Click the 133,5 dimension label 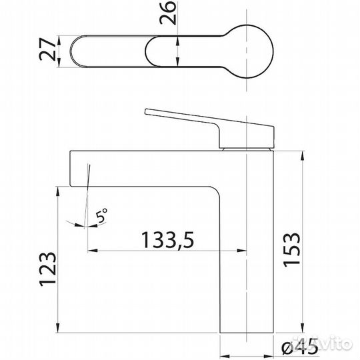[x=167, y=240]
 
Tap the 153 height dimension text [x=291, y=250]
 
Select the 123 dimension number [x=48, y=269]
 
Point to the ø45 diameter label [x=300, y=346]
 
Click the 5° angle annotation [x=101, y=215]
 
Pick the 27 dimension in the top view [x=47, y=49]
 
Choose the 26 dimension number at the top [x=168, y=13]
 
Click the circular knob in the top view [x=247, y=51]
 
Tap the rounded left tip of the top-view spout [x=71, y=51]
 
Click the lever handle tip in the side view [x=146, y=111]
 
